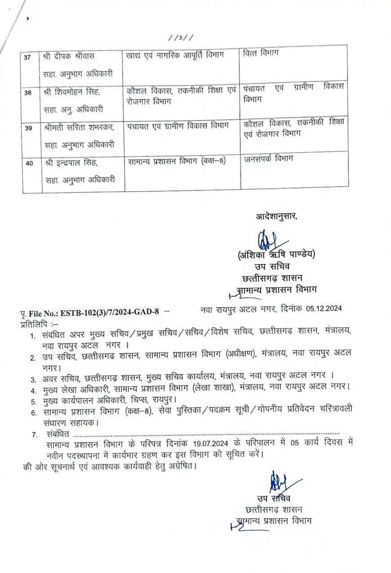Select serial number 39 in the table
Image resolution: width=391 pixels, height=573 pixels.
(x=29, y=128)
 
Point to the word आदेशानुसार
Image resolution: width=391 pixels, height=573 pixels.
(x=276, y=216)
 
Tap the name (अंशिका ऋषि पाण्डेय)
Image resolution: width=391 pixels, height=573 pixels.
(x=276, y=255)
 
